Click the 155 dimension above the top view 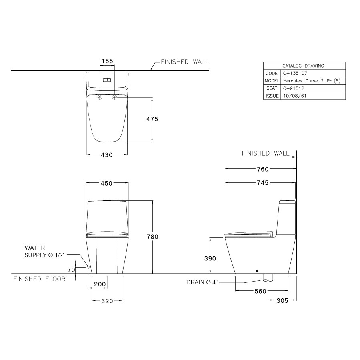click(x=107, y=61)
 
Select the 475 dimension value click(x=152, y=119)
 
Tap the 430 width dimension click(x=107, y=154)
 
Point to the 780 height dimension click(x=152, y=237)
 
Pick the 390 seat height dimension click(x=210, y=258)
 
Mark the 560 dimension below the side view click(x=260, y=291)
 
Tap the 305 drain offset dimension click(x=282, y=301)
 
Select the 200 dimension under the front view click(x=100, y=284)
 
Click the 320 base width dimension click(x=107, y=301)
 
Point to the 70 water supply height click(x=71, y=270)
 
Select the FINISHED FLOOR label click(x=39, y=279)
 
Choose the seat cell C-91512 click(x=292, y=88)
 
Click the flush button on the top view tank click(x=107, y=80)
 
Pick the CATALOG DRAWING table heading click(x=303, y=66)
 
